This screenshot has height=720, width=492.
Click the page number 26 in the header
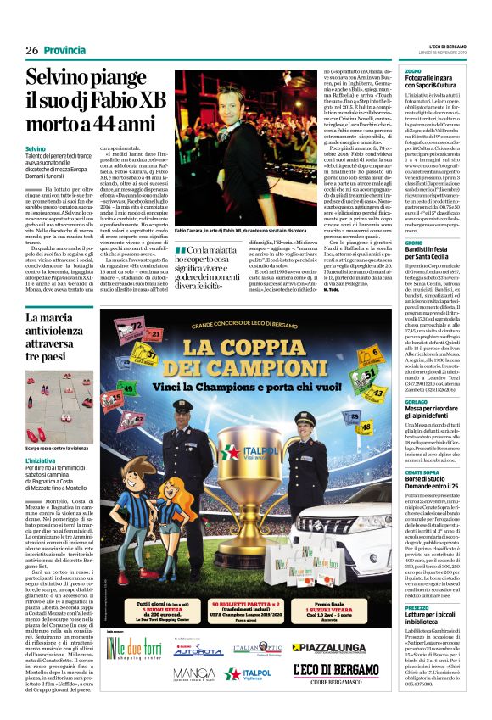pyautogui.click(x=31, y=51)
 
